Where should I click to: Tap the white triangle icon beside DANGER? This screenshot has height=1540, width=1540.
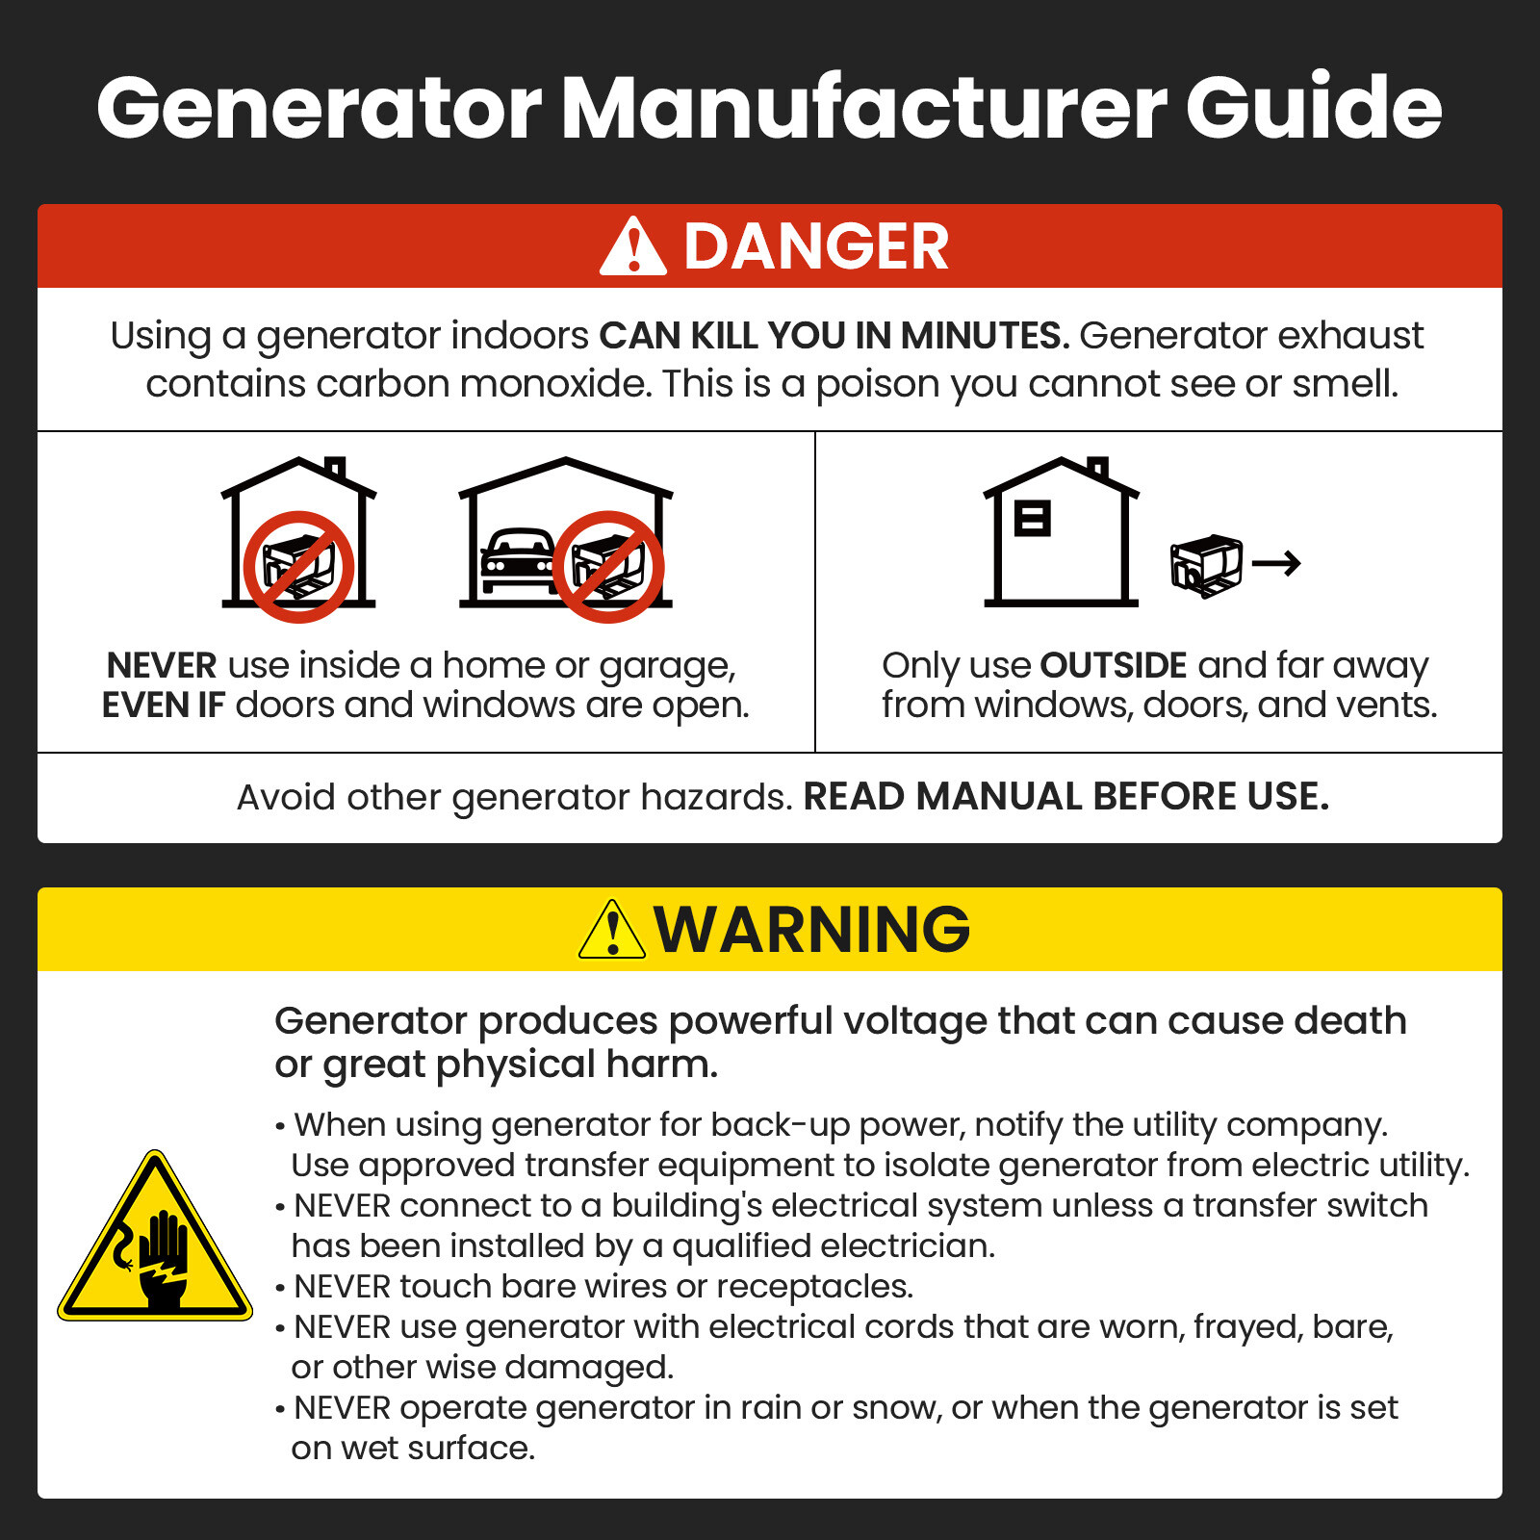coord(632,248)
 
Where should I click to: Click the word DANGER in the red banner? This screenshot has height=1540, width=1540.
coord(815,247)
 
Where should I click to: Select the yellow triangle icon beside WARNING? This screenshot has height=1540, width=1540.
coord(612,931)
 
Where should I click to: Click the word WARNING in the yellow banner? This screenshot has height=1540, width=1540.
coord(812,930)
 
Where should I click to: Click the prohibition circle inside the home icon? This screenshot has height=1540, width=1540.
coord(298,566)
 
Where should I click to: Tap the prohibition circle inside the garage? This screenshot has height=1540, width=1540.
coord(608,566)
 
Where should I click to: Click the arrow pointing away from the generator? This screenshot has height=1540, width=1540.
coord(1277,563)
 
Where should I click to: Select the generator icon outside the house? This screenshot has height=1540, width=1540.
coord(1205,565)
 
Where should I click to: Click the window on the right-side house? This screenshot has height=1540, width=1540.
coord(1033,518)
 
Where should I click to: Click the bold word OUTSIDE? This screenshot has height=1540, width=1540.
coord(1114,666)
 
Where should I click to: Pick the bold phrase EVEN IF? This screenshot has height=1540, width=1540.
coord(163,706)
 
